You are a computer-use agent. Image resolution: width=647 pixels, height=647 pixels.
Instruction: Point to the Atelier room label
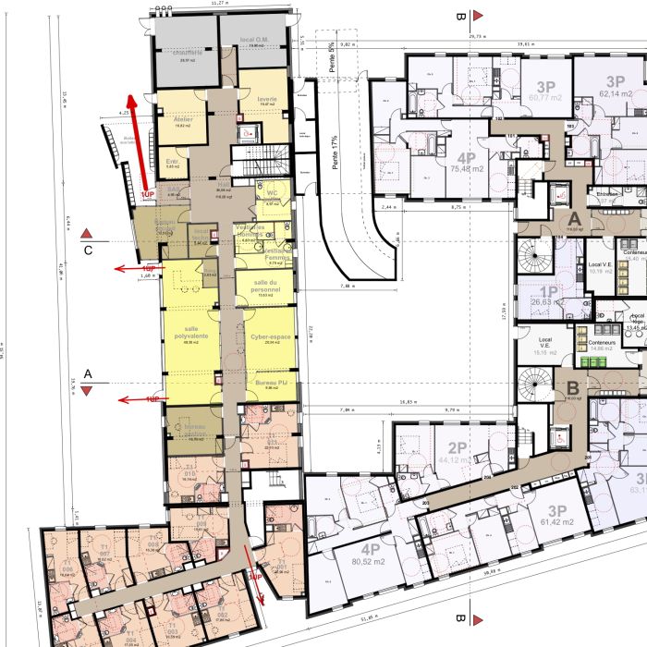tap(183, 119)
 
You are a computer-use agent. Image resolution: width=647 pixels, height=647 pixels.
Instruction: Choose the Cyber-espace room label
tap(270, 337)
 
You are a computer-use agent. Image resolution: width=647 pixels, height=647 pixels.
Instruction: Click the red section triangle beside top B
tap(478, 16)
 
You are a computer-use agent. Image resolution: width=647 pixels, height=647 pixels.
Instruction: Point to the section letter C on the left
tap(88, 250)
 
